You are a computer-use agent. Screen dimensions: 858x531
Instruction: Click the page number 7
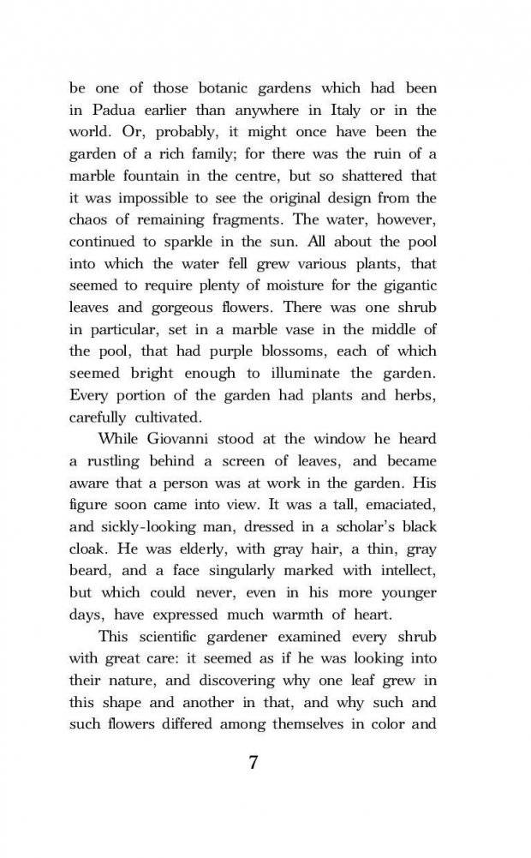[253, 763]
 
